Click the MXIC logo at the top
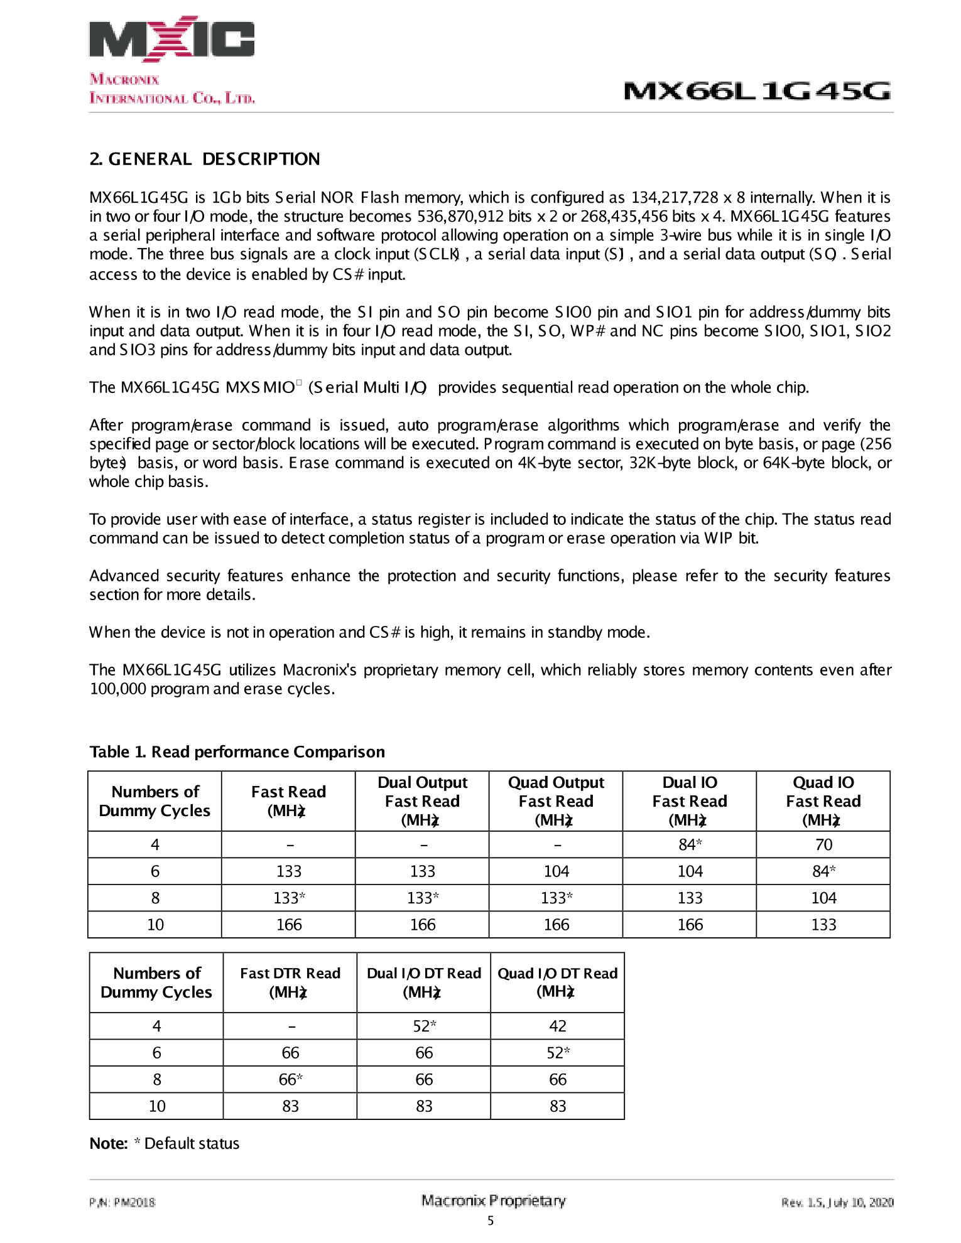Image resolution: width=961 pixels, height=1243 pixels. (x=171, y=39)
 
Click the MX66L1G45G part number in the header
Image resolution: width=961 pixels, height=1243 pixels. (x=757, y=92)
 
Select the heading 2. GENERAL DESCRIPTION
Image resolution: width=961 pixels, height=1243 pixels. (x=205, y=159)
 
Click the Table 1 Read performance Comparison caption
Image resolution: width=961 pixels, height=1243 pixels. (x=237, y=752)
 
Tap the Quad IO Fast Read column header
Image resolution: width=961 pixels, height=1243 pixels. (x=823, y=801)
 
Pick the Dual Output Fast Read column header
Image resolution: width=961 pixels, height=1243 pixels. (x=422, y=801)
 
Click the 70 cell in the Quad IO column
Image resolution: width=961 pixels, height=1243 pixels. (x=823, y=845)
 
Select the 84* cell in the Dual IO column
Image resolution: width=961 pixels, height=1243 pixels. (x=690, y=845)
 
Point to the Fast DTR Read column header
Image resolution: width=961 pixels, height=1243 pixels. (x=290, y=982)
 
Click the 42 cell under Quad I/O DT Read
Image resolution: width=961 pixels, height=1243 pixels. (x=557, y=1026)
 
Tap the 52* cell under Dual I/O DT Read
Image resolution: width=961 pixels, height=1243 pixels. (x=424, y=1026)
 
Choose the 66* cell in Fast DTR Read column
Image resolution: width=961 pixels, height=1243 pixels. (x=290, y=1080)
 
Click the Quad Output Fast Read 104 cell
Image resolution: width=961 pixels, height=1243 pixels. (x=556, y=871)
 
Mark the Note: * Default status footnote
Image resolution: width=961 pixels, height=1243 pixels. (x=165, y=1144)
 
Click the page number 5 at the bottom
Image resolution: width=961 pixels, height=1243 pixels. (x=491, y=1221)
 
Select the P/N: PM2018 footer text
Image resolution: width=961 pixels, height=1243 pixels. (x=122, y=1203)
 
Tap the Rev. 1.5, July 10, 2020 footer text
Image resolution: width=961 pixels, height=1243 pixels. (x=837, y=1203)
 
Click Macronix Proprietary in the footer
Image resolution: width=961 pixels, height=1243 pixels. (x=493, y=1201)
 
